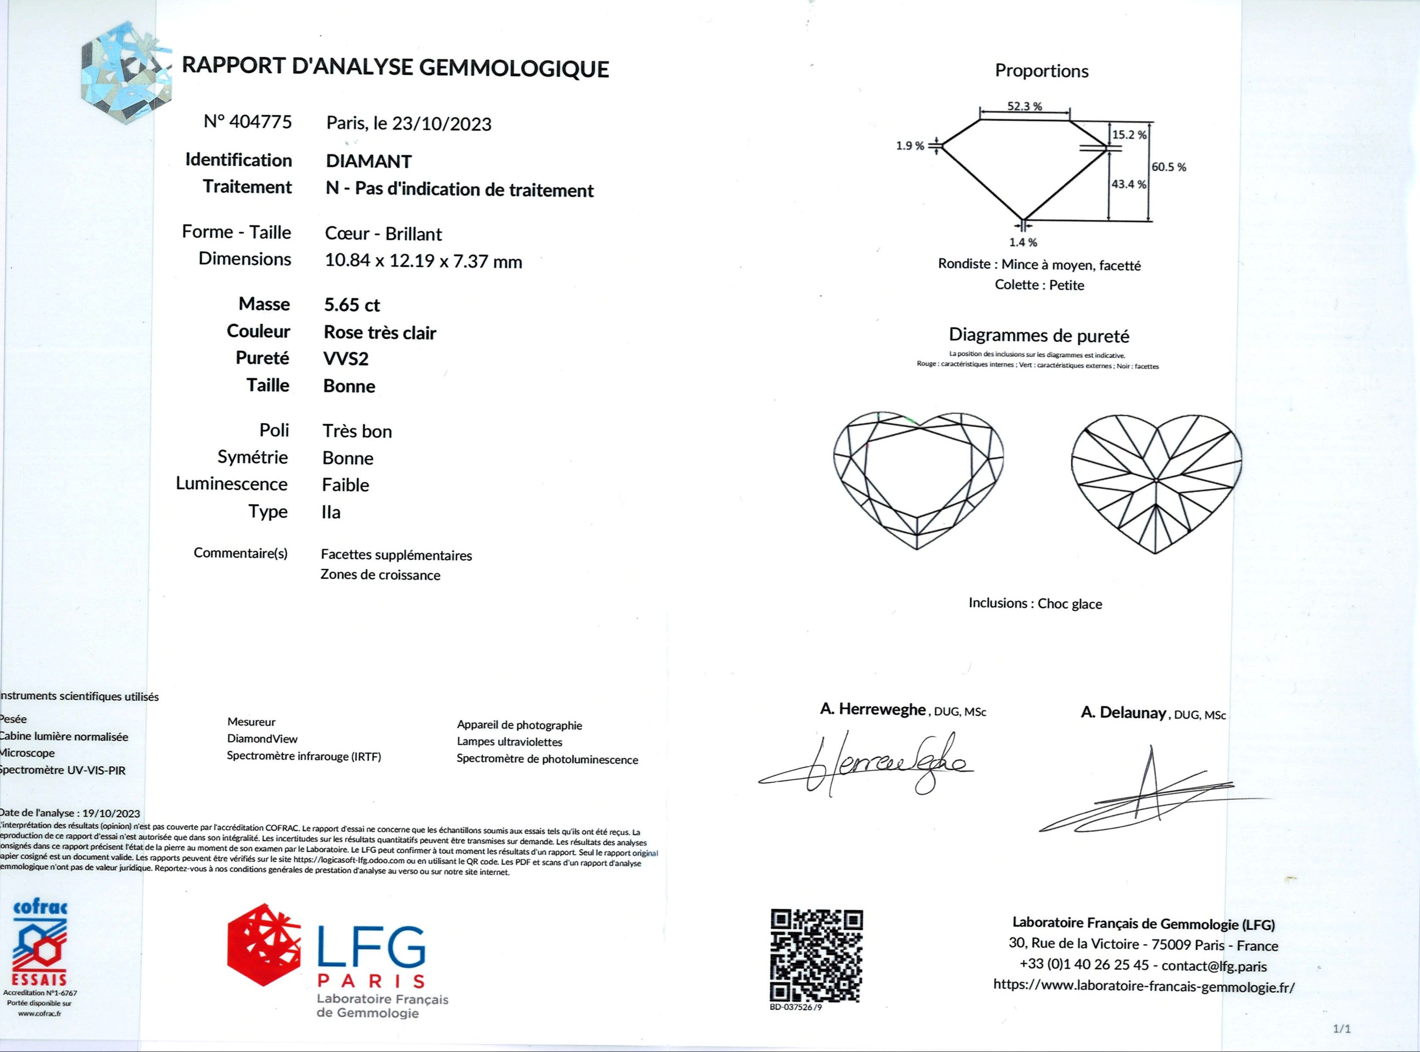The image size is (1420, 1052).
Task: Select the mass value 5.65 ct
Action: [352, 305]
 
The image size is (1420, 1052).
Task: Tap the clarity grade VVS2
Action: [346, 359]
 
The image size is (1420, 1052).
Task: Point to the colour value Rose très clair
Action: [380, 332]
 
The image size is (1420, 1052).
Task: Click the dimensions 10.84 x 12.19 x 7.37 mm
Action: [423, 261]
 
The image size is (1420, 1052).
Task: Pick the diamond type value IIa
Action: [331, 512]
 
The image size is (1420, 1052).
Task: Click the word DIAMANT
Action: [369, 161]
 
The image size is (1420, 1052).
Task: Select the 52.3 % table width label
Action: [1025, 106]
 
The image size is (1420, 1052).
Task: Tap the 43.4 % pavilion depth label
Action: [1128, 185]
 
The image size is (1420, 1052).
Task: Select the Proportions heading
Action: [1042, 71]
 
